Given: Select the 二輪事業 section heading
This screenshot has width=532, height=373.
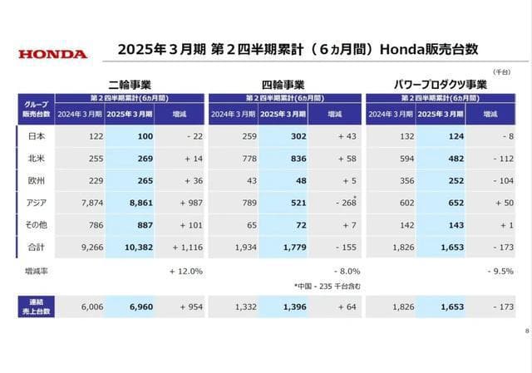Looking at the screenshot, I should [128, 85].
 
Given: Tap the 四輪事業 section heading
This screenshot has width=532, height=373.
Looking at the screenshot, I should [283, 85].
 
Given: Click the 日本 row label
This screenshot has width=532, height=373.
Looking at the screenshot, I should [37, 135].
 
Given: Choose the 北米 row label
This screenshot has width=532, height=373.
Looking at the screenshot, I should [37, 158].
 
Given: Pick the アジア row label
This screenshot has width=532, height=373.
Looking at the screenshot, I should [37, 203].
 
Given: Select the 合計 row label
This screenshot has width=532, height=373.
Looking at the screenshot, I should [37, 247].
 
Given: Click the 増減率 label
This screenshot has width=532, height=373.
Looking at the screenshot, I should [37, 271].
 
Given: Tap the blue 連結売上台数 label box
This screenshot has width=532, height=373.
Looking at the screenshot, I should [37, 307].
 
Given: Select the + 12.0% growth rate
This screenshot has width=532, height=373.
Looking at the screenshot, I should [185, 271].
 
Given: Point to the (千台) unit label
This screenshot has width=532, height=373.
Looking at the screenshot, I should [502, 74].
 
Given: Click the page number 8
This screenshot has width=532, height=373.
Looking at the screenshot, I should [526, 331].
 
